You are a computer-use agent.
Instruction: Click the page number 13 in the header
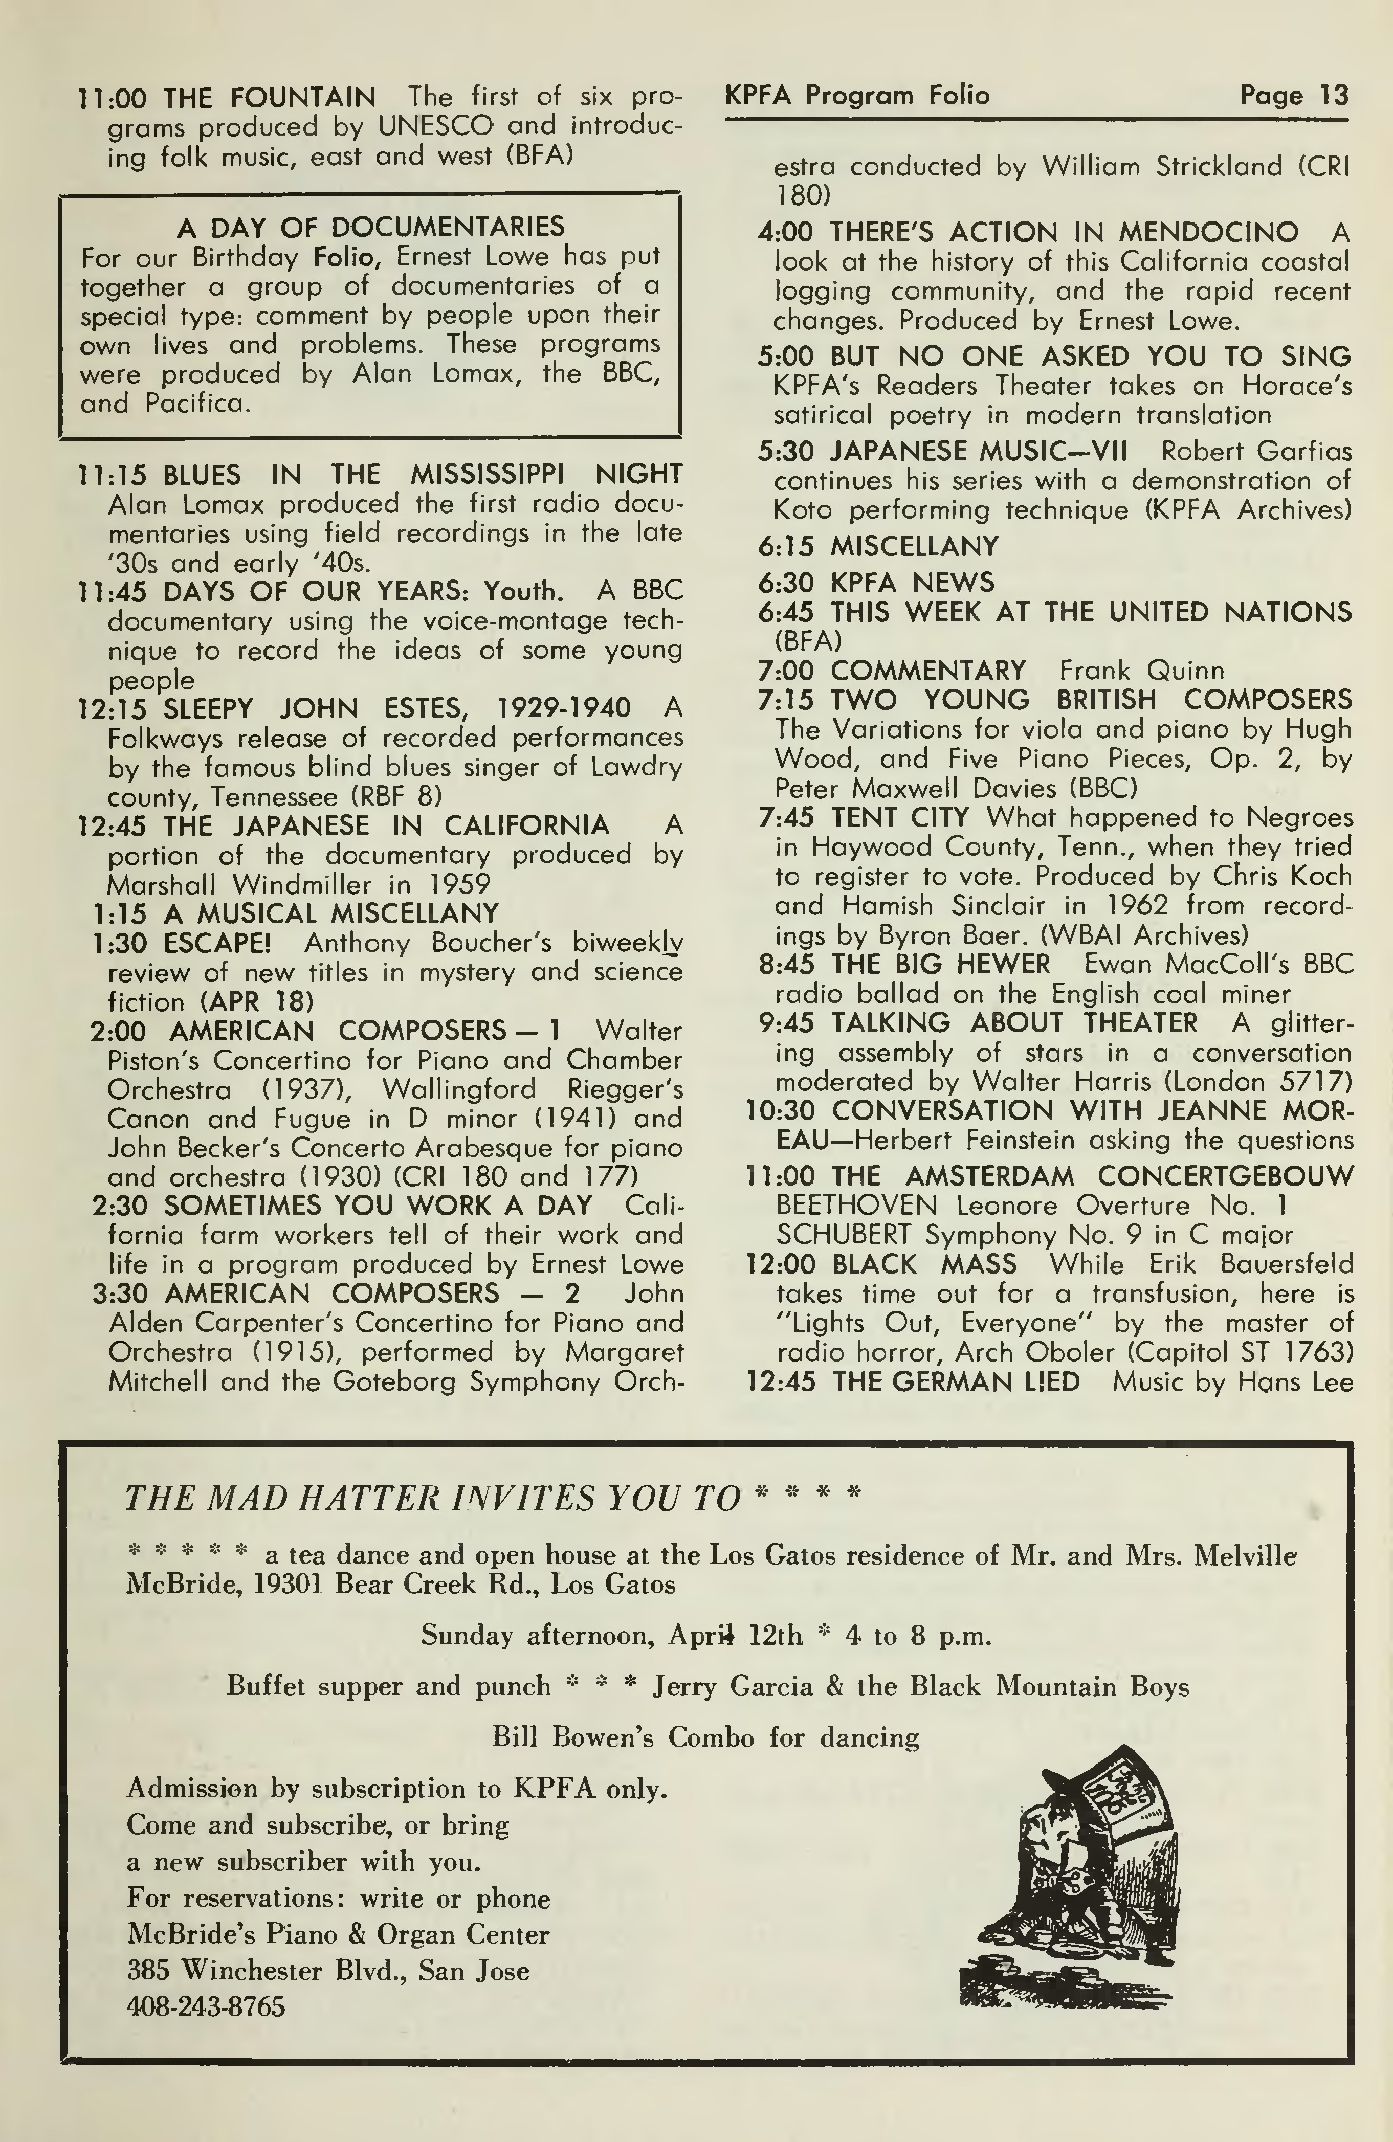pos(1333,96)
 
